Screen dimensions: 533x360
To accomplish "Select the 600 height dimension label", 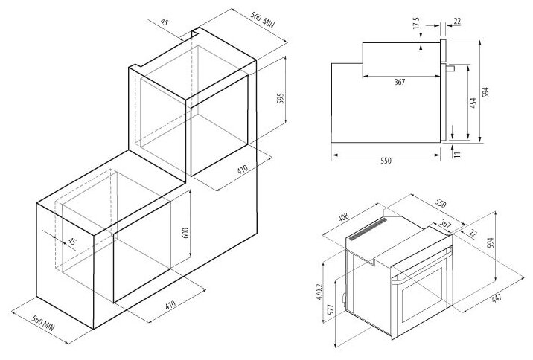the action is (185, 232).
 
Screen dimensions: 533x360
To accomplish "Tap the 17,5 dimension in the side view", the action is (416, 24).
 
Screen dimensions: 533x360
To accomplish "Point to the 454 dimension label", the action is (473, 103).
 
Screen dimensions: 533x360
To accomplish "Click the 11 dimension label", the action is (458, 154).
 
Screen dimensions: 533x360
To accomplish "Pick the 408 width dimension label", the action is (343, 217).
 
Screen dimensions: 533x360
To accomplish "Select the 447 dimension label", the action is (497, 298).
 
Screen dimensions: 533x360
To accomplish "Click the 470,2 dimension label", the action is (319, 292).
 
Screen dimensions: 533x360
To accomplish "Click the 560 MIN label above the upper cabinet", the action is (263, 20).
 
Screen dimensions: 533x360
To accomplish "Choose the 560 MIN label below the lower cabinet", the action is (43, 324).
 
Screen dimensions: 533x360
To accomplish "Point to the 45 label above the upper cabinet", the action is (165, 22).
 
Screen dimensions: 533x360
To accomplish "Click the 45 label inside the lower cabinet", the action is (71, 242).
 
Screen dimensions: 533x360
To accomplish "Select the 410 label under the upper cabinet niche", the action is (243, 169).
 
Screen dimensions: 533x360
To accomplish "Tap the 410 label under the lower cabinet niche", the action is (170, 304).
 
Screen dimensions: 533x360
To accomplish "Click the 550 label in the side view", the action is (386, 161).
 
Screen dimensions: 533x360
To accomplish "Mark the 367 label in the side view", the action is (400, 82).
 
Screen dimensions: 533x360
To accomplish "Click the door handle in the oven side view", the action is (450, 68).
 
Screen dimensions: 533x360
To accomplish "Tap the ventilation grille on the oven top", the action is (368, 229).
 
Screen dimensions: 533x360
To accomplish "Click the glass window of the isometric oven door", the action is (422, 295).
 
